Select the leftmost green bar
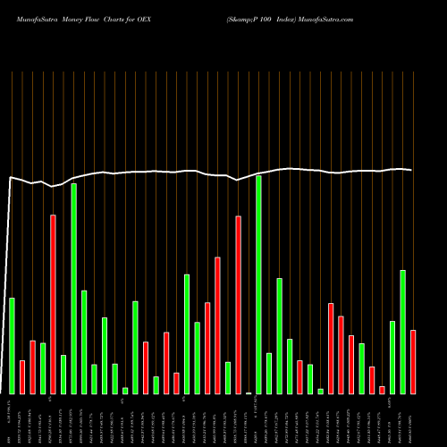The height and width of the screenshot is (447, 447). tap(13, 345)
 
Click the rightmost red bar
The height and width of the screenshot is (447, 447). tap(413, 362)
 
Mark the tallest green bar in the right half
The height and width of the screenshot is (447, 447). tap(258, 284)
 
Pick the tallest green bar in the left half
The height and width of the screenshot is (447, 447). tap(74, 289)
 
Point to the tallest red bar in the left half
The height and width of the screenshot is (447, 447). tap(54, 304)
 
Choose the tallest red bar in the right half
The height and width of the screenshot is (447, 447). tap(238, 304)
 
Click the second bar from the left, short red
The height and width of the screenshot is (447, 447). tap(22, 376)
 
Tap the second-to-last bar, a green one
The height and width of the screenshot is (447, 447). tap(403, 332)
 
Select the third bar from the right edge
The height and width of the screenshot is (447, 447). tap(392, 357)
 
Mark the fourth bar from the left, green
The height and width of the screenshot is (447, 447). tap(43, 368)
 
